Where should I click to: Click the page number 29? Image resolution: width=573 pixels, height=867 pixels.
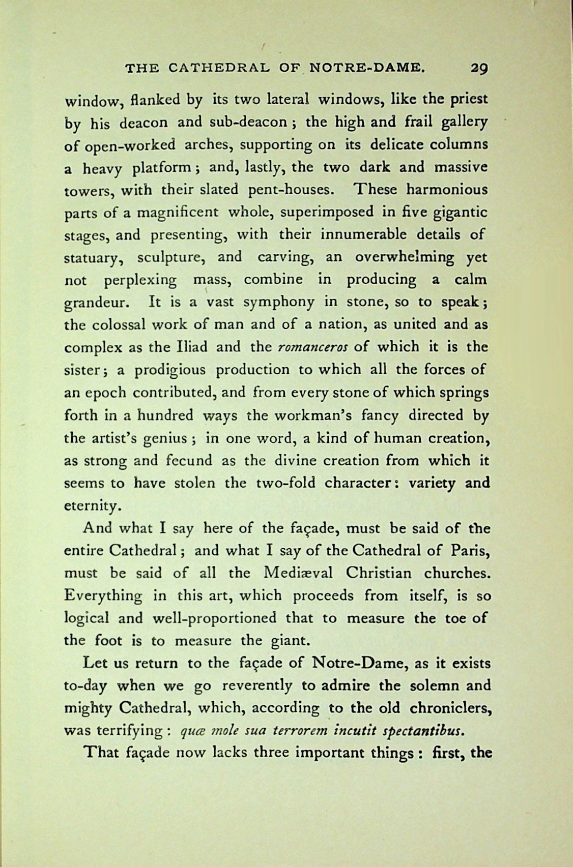[479, 68]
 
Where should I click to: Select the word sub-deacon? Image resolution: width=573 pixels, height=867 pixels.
[245, 122]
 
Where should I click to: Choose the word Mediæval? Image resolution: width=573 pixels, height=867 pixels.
[298, 573]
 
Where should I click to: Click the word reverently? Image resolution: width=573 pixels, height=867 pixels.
[253, 685]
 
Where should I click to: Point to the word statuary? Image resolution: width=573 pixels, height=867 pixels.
[94, 258]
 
